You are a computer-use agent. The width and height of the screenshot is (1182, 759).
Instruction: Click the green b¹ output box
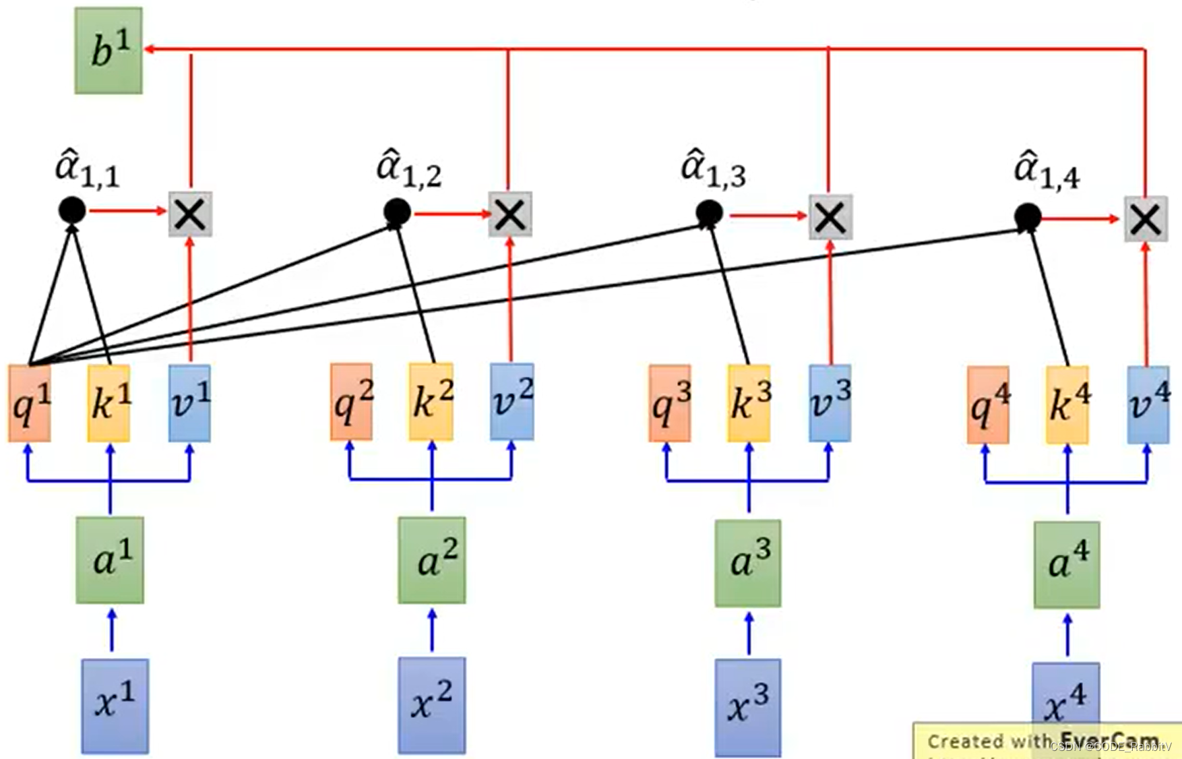coord(108,51)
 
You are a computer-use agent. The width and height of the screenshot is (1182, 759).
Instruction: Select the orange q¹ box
coord(30,404)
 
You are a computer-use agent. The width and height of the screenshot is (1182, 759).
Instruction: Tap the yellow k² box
coord(431,402)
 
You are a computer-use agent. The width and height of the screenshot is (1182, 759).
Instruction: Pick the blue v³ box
coord(830,403)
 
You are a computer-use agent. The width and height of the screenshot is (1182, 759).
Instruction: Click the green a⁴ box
coord(1067,564)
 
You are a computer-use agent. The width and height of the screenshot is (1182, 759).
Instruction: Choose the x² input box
coord(431,704)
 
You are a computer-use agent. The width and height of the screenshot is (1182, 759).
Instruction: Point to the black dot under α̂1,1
coord(72,210)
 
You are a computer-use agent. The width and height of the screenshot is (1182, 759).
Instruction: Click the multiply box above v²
coord(510,214)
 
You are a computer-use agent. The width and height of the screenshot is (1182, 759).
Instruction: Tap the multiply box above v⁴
coord(1145,218)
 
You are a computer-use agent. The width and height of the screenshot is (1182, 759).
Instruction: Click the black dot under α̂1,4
coord(1028,217)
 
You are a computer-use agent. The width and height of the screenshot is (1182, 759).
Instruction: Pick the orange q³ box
coord(669,404)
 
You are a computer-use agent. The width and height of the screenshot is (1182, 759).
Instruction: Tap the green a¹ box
coord(110,559)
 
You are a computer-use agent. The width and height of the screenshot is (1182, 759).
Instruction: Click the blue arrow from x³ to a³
coord(749,633)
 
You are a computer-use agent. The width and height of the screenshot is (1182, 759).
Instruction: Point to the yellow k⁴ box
coord(1067,405)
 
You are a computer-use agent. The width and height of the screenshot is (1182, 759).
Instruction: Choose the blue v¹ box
coord(189,403)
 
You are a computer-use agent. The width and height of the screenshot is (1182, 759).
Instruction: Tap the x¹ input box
coord(115,705)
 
